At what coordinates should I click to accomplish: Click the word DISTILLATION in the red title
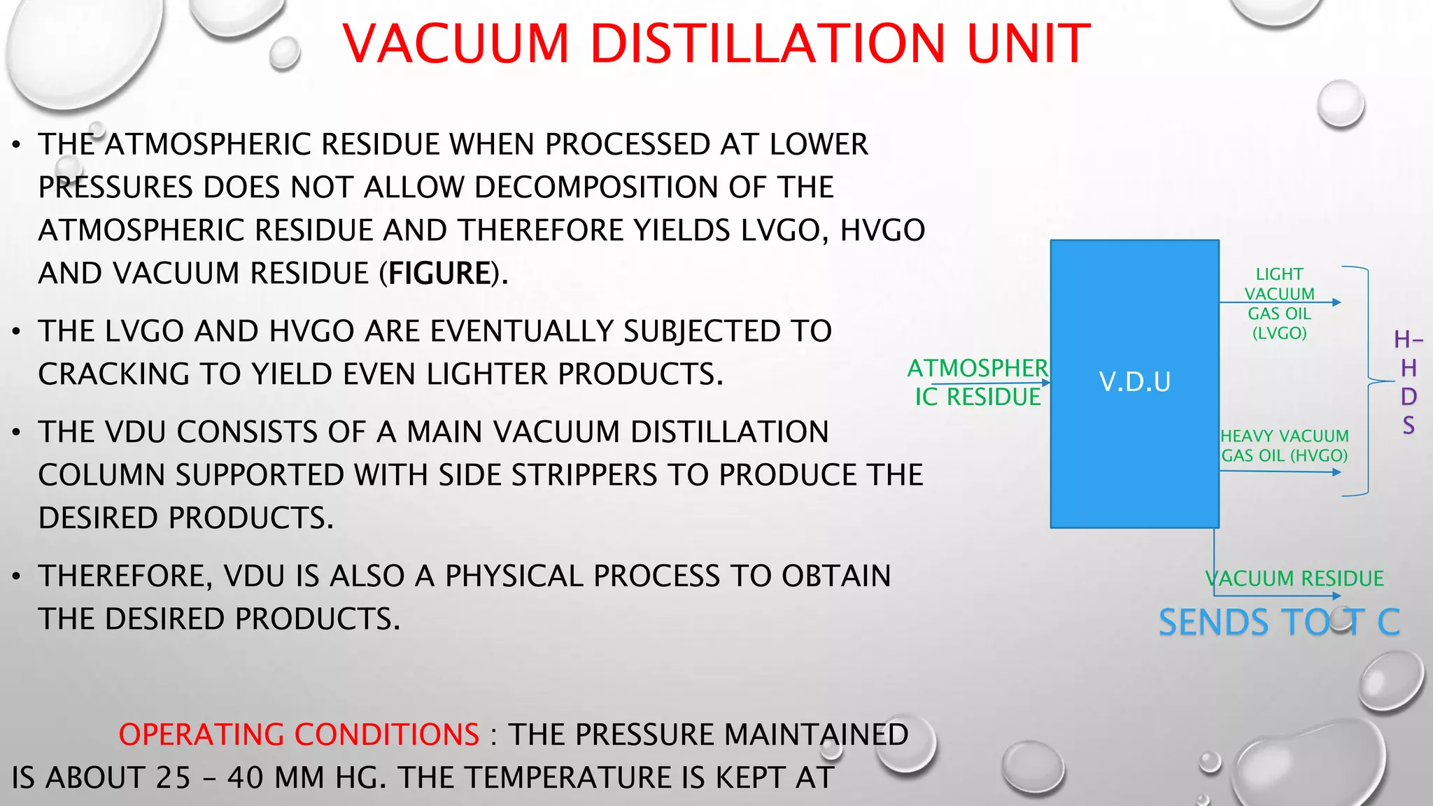tap(768, 43)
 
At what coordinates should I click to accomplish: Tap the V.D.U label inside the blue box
tap(1134, 382)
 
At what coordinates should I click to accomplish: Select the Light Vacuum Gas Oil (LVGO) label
tap(1279, 304)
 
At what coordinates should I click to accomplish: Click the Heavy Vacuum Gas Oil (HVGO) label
tap(1284, 446)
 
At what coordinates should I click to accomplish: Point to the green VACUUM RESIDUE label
tap(1294, 579)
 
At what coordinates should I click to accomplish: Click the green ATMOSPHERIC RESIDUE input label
tap(977, 382)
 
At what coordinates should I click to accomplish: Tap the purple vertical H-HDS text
tap(1409, 382)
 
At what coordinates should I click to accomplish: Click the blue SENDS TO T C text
tap(1279, 622)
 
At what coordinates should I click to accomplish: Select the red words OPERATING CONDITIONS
tap(299, 735)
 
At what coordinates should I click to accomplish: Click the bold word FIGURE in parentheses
tap(439, 274)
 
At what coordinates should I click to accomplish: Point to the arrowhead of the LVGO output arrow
tap(1337, 302)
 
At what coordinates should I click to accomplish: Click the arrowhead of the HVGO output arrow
tap(1337, 472)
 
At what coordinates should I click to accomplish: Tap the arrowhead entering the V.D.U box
tap(1046, 383)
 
